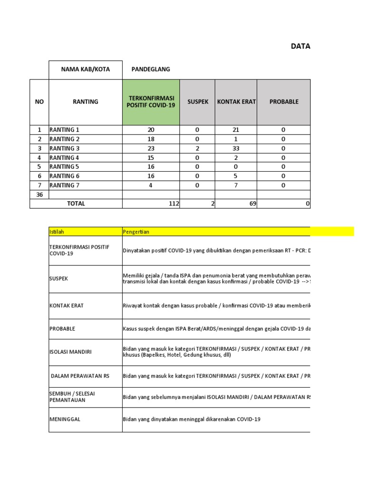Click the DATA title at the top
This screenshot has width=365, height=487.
pos(300,46)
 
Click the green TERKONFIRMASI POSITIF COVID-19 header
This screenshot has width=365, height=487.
pos(151,102)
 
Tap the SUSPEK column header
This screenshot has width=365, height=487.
pos(197,102)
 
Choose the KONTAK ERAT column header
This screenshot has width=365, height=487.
pos(236,102)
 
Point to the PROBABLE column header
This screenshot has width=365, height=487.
pos(283,102)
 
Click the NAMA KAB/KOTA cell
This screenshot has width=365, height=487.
pos(86,69)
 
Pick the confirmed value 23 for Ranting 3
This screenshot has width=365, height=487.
pos(151,148)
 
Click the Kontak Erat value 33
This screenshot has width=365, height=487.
pos(236,148)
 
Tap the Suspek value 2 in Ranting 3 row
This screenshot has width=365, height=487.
pos(197,148)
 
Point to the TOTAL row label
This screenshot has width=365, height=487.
pos(76,204)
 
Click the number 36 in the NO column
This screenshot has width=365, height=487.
pos(39,195)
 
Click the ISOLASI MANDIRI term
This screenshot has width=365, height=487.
pos(70,352)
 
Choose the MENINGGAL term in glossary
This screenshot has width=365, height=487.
pos(65,419)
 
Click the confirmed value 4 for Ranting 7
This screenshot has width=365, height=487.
pos(151,185)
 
